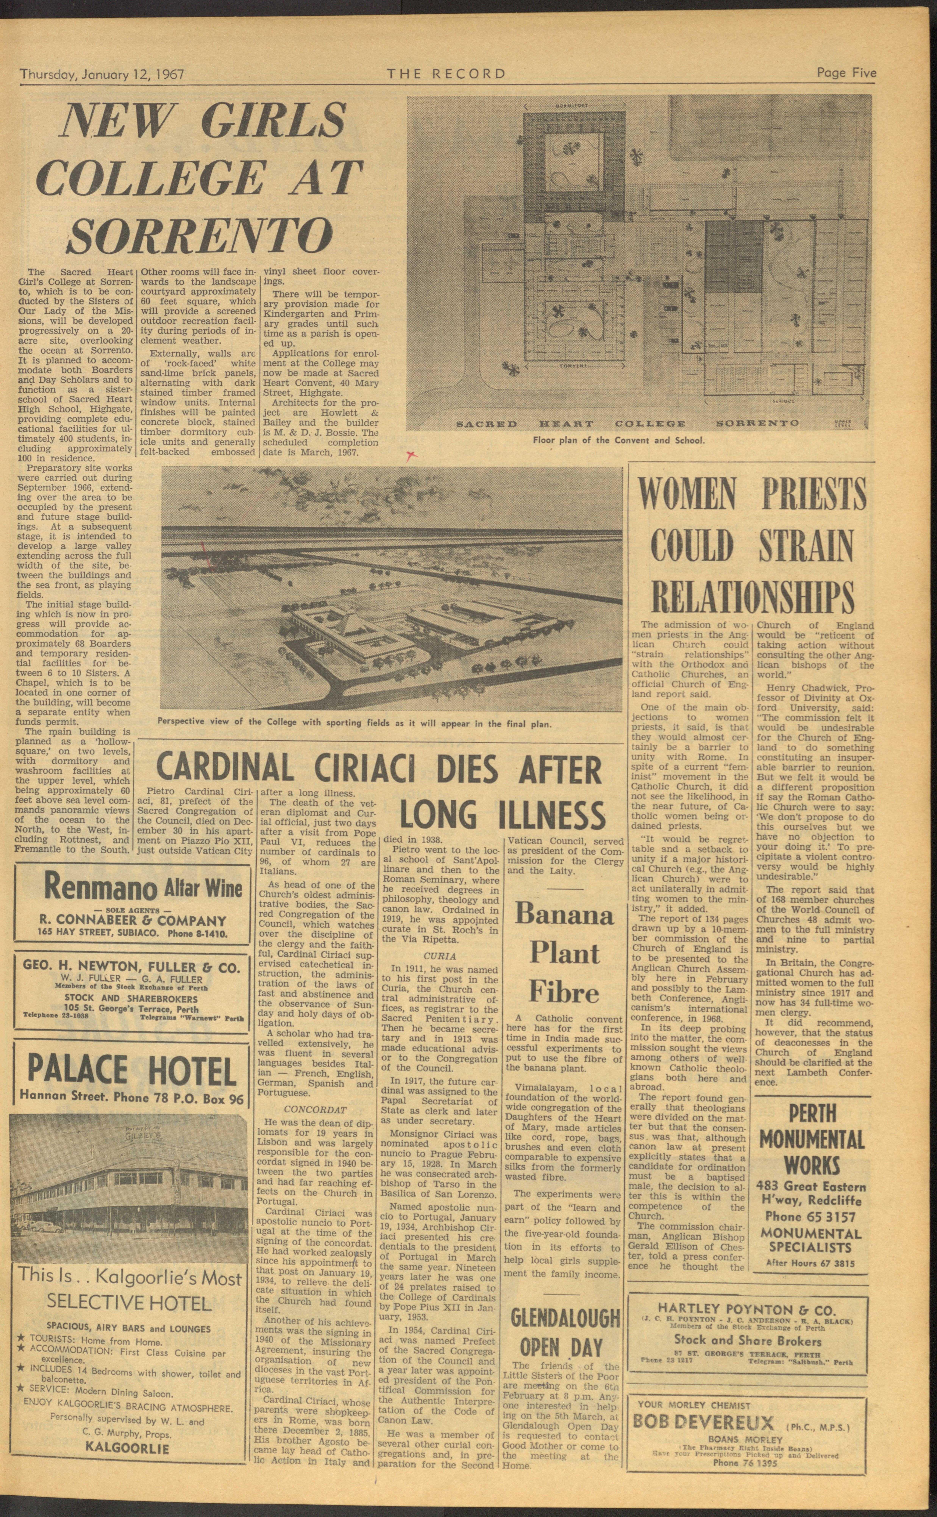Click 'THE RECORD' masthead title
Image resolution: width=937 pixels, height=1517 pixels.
pos(446,74)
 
